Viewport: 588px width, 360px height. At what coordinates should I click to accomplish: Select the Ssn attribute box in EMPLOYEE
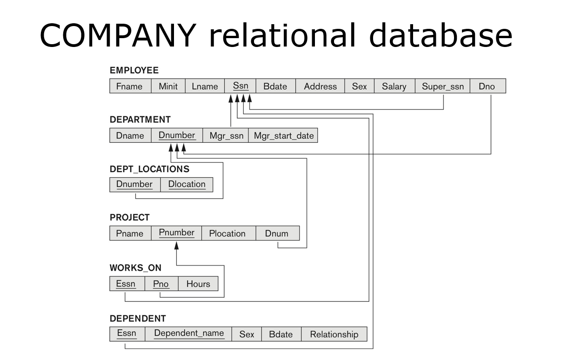pyautogui.click(x=241, y=86)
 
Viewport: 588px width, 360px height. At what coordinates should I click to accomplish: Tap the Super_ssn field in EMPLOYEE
pyautogui.click(x=442, y=86)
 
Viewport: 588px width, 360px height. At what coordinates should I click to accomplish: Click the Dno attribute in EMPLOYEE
pyautogui.click(x=487, y=86)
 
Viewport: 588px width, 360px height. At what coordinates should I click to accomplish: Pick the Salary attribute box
pyautogui.click(x=394, y=86)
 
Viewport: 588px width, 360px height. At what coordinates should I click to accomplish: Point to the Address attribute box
pyautogui.click(x=320, y=86)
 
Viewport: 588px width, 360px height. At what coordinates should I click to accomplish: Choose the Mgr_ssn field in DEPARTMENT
pyautogui.click(x=226, y=136)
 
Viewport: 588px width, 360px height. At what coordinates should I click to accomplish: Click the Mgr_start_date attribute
pyautogui.click(x=283, y=136)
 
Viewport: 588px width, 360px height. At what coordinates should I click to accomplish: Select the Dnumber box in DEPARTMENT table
pyautogui.click(x=177, y=135)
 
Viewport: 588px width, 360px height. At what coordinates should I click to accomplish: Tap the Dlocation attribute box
pyautogui.click(x=187, y=184)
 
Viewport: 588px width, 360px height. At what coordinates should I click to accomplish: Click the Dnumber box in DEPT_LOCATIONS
pyautogui.click(x=134, y=184)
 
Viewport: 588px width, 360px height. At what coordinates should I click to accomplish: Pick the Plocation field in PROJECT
pyautogui.click(x=228, y=233)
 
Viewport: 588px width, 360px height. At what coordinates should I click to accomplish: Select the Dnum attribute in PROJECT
pyautogui.click(x=277, y=233)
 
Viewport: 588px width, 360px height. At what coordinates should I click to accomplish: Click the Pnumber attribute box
pyautogui.click(x=176, y=233)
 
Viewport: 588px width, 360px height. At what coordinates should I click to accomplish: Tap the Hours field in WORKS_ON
pyautogui.click(x=198, y=284)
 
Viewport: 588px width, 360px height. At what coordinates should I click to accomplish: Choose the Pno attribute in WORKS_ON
pyautogui.click(x=161, y=284)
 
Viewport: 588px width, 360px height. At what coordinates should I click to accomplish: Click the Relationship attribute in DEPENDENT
pyautogui.click(x=334, y=334)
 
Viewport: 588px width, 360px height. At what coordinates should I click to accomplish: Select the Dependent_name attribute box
pyautogui.click(x=188, y=333)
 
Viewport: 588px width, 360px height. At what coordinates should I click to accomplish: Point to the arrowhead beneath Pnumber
pyautogui.click(x=176, y=245)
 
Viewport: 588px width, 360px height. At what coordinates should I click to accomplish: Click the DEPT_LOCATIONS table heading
pyautogui.click(x=149, y=169)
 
